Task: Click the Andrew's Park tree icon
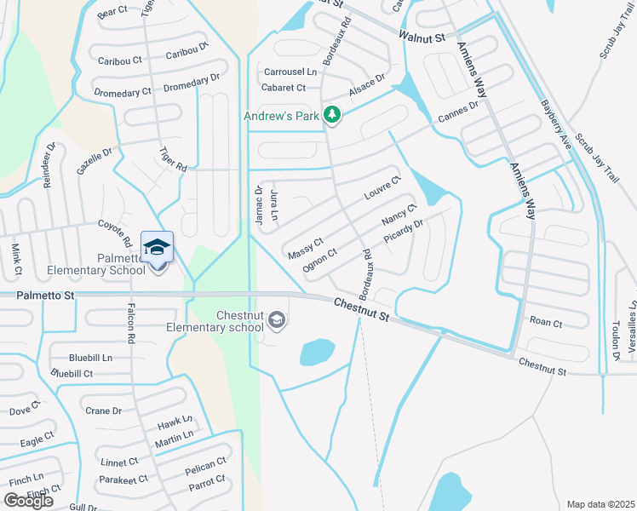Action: pyautogui.click(x=333, y=116)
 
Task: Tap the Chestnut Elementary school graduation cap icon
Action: pyautogui.click(x=276, y=320)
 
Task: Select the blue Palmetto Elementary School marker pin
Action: pyautogui.click(x=157, y=248)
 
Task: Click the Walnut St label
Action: pyautogui.click(x=422, y=37)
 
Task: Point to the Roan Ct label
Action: pyautogui.click(x=546, y=323)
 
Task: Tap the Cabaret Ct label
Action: pyautogui.click(x=284, y=88)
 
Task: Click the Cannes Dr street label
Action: pyautogui.click(x=458, y=112)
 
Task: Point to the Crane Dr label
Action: pyautogui.click(x=104, y=411)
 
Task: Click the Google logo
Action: pyautogui.click(x=29, y=501)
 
